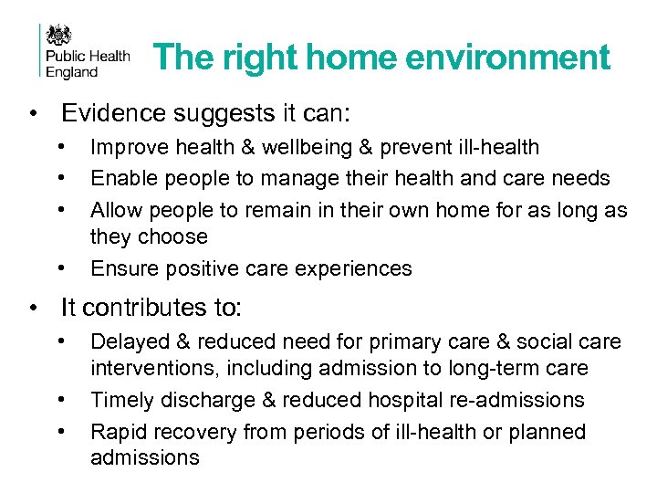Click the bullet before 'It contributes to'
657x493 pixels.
34,307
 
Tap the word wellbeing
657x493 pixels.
290,148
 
